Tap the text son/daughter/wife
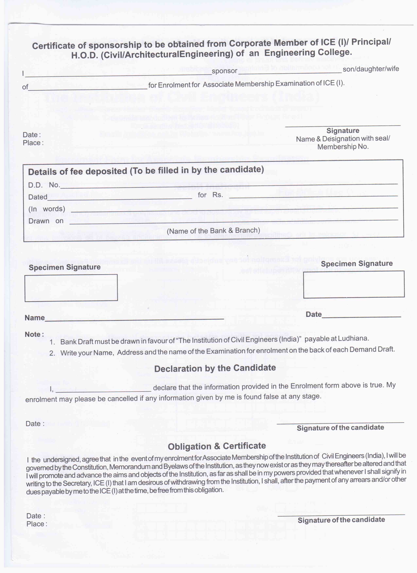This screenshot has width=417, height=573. click(x=371, y=69)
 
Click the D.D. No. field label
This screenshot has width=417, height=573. click(x=44, y=185)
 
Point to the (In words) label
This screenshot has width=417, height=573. click(x=47, y=209)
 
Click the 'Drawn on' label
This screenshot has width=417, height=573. click(x=46, y=221)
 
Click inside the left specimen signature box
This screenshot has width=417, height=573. click(x=71, y=288)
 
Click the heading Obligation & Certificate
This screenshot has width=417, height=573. click(x=217, y=446)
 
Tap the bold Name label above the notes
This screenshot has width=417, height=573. click(x=35, y=318)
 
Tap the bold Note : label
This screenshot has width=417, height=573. click(x=34, y=334)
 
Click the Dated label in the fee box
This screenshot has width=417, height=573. click(x=38, y=197)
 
